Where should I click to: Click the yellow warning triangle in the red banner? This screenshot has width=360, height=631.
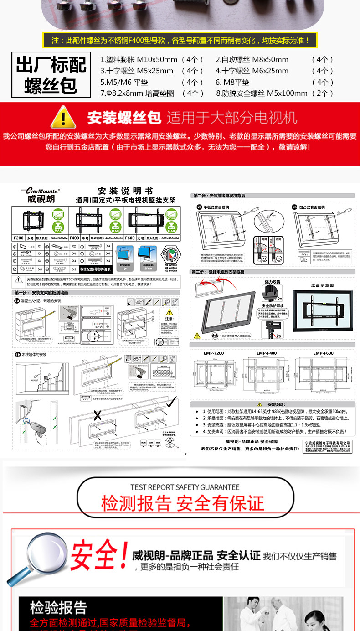coord(63,117)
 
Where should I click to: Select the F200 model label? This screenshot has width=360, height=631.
coord(19,238)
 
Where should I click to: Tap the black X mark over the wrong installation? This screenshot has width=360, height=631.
coord(97,415)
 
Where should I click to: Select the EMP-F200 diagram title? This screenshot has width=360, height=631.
coord(214,353)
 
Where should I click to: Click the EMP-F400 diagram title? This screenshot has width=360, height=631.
coord(267,353)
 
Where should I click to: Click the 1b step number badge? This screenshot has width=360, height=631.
coord(17,354)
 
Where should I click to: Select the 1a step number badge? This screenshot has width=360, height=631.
coord(17,301)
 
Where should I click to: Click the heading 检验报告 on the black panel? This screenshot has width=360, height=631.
coord(58,607)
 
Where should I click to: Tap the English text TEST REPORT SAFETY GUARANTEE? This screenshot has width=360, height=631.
coord(185,487)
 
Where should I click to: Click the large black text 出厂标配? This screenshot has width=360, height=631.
coord(51,65)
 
